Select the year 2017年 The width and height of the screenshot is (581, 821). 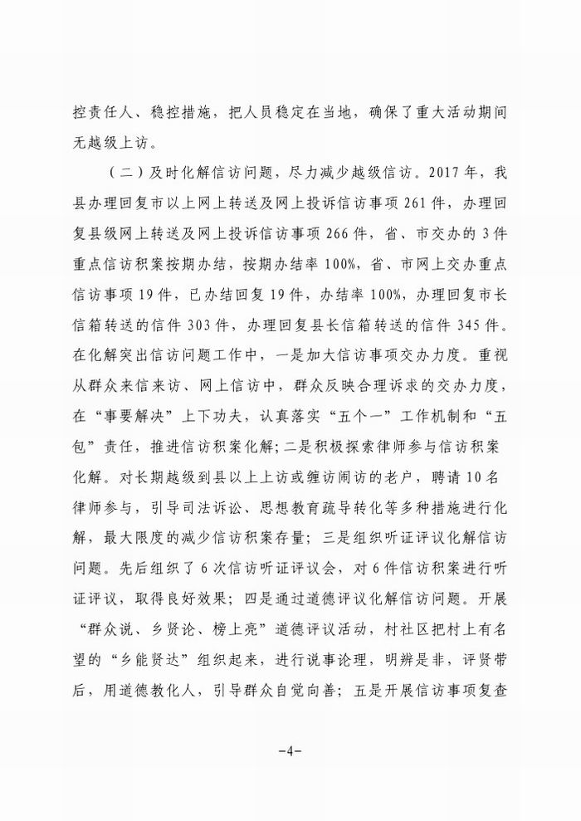pyautogui.click(x=481, y=174)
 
